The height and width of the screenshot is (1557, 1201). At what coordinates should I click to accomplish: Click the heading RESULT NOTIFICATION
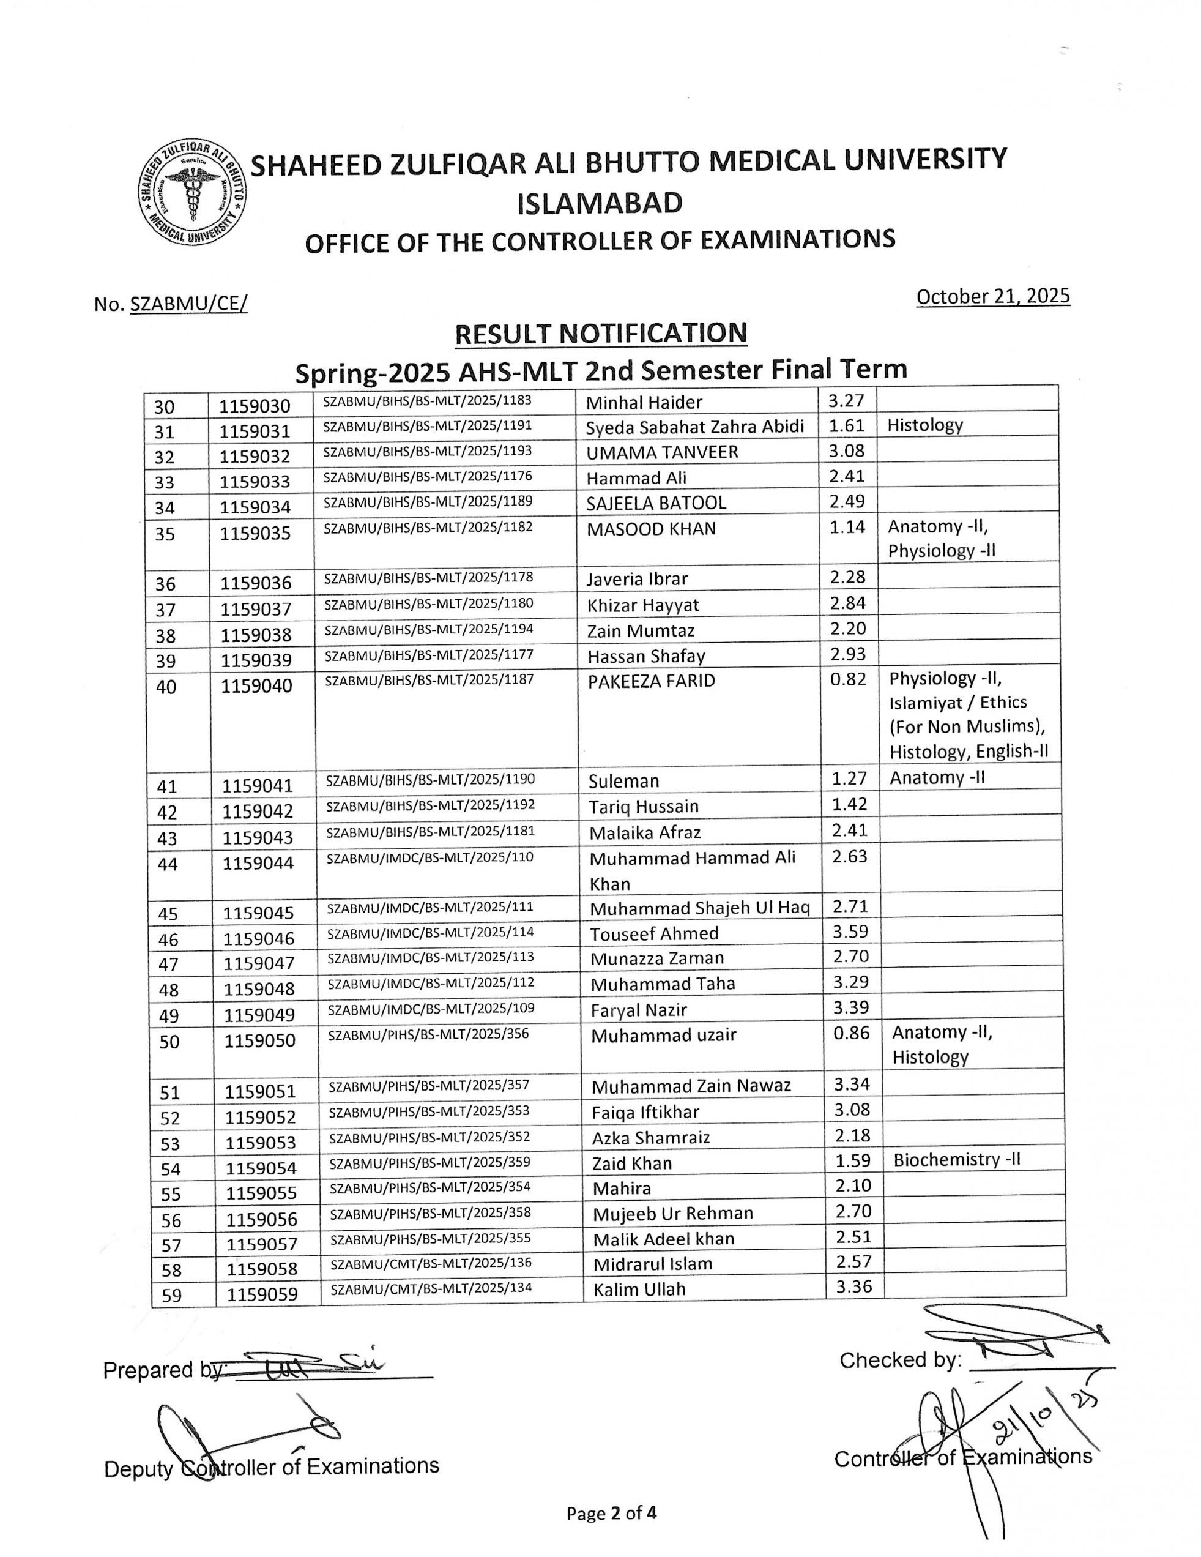coord(601,333)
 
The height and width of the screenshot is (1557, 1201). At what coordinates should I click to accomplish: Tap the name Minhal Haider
coord(644,403)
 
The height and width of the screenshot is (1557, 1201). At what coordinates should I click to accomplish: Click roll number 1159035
coord(255,533)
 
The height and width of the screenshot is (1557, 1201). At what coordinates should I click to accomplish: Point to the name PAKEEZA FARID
coord(651,681)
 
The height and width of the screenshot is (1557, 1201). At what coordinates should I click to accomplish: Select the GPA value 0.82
coord(848,679)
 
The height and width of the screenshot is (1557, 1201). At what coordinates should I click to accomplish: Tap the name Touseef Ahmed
coord(653,933)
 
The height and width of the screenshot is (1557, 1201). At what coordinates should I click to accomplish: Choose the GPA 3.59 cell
coord(851,931)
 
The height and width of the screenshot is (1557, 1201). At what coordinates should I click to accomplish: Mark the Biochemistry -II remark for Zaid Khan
coord(956,1159)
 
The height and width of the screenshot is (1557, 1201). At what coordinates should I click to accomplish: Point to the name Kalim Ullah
coord(639,1289)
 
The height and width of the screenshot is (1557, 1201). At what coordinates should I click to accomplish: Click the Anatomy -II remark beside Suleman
coord(937,778)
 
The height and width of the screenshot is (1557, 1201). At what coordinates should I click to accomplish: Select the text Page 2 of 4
coord(611,1513)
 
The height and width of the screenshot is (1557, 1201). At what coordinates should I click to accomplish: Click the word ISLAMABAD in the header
coord(600,204)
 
